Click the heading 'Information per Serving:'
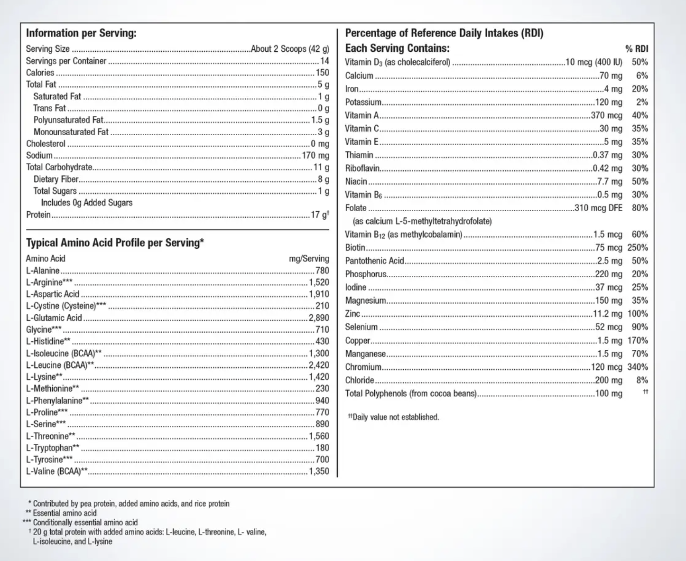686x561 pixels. (x=81, y=33)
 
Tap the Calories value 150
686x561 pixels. (x=322, y=73)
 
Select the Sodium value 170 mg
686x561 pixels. (x=315, y=155)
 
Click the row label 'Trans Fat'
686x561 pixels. (x=49, y=108)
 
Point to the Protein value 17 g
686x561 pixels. (x=319, y=215)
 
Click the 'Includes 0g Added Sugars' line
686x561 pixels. (x=87, y=203)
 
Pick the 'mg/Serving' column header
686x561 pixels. (x=309, y=259)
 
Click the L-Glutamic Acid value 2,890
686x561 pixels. (x=319, y=318)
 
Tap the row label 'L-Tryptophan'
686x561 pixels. (x=49, y=448)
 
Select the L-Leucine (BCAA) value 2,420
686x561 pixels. (x=319, y=365)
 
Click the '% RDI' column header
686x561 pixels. (x=636, y=48)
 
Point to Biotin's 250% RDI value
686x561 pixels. (x=637, y=247)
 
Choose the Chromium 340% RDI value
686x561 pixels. (x=637, y=367)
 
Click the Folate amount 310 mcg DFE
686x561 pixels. (x=598, y=208)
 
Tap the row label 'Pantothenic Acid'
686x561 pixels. (x=375, y=261)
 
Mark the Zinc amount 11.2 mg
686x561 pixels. (x=607, y=314)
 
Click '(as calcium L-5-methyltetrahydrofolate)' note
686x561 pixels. (x=422, y=221)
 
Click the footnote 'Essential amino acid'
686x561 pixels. (x=65, y=513)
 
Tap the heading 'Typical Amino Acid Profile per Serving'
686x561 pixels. (x=115, y=243)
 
